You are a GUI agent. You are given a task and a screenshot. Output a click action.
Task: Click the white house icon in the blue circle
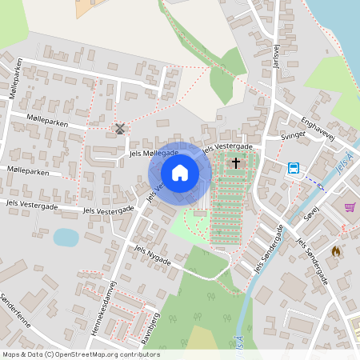180,173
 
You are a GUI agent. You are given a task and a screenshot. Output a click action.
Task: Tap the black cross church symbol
235,162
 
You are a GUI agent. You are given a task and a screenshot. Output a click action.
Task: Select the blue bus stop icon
294,168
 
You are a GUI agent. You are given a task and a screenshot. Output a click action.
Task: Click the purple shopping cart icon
350,207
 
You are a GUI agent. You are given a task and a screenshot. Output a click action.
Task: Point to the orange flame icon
335,251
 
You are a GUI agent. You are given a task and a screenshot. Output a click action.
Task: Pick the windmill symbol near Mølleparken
120,128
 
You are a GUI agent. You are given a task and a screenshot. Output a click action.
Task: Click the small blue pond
66,238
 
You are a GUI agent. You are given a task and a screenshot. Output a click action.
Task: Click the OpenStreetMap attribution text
81,354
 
